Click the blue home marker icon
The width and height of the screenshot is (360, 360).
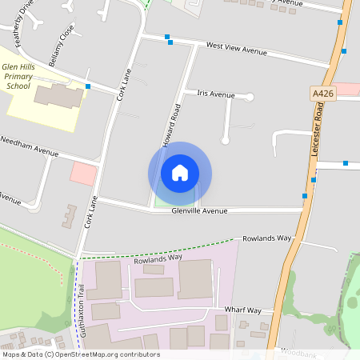pyautogui.click(x=180, y=173)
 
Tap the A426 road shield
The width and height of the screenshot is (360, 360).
pyautogui.click(x=322, y=94)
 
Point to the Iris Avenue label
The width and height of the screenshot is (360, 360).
pyautogui.click(x=216, y=94)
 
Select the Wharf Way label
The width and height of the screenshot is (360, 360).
pyautogui.click(x=243, y=310)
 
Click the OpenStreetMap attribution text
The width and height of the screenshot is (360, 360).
pyautogui.click(x=81, y=354)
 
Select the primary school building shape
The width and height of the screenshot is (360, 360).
pyautogui.click(x=58, y=97)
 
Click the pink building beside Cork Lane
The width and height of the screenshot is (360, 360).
pyautogui.click(x=83, y=173)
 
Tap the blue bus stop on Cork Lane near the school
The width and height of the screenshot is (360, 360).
pyautogui.click(x=88, y=86)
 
